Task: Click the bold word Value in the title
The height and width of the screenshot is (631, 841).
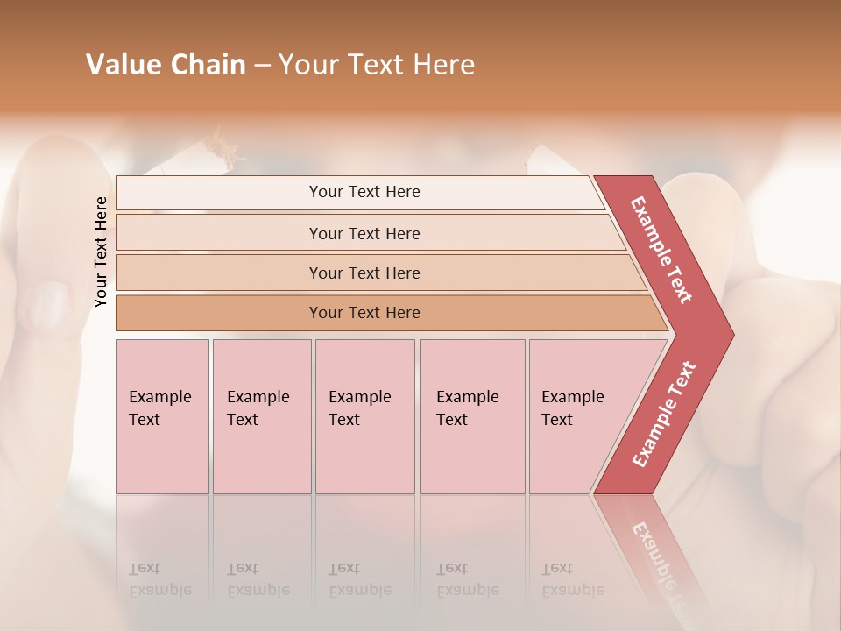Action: [x=122, y=65]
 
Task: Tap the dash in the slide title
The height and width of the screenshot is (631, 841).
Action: [x=262, y=66]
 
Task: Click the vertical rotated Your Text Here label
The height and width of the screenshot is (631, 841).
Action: [x=101, y=252]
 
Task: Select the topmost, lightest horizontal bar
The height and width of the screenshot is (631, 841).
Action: [x=364, y=192]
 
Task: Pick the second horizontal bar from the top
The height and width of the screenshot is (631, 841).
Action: [x=364, y=233]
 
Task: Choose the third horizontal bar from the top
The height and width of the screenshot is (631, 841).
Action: [x=364, y=273]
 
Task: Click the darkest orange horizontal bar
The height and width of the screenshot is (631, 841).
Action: [x=364, y=313]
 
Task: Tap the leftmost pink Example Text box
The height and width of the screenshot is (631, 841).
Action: [x=162, y=415]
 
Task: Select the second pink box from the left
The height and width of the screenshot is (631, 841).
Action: [x=261, y=415]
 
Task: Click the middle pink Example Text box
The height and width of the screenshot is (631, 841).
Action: [x=364, y=415]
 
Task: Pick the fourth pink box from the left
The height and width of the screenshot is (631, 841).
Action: [x=471, y=415]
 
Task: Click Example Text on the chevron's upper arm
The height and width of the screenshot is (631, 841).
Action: [x=661, y=249]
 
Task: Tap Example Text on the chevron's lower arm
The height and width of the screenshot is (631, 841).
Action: [x=663, y=414]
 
